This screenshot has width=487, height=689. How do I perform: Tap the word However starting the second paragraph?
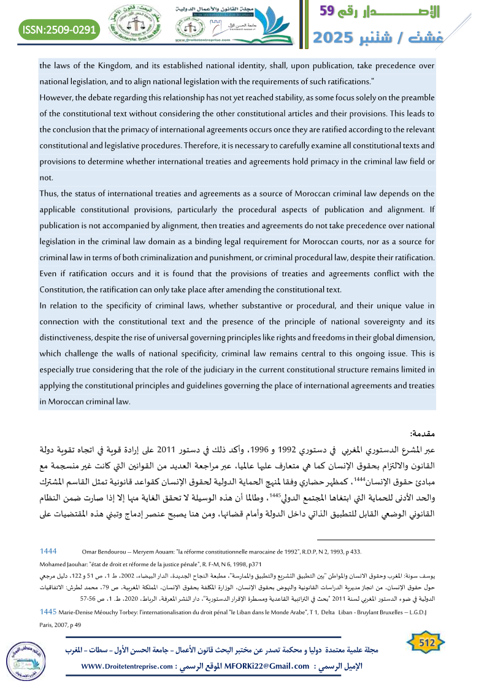pos(56,97)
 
